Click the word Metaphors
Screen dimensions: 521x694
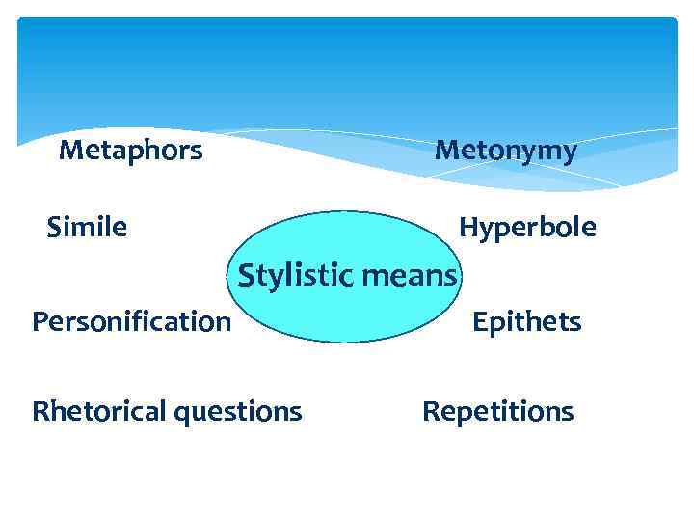click(130, 151)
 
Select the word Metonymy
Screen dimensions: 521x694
click(505, 151)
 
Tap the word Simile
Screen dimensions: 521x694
click(87, 228)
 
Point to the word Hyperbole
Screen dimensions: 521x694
click(527, 229)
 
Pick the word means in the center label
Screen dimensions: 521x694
click(410, 278)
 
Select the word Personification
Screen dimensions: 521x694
click(131, 321)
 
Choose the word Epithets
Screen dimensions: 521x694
click(526, 321)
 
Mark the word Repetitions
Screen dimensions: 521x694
click(497, 413)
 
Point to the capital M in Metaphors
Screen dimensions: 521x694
click(69, 151)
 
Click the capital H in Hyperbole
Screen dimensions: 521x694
click(467, 228)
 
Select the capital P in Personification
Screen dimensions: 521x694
click(40, 320)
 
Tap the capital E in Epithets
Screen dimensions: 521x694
click(479, 321)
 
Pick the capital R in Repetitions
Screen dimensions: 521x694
click(430, 412)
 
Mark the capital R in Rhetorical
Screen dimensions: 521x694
click(40, 412)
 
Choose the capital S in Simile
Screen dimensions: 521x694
click(54, 228)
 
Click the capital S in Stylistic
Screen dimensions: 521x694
click(246, 276)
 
